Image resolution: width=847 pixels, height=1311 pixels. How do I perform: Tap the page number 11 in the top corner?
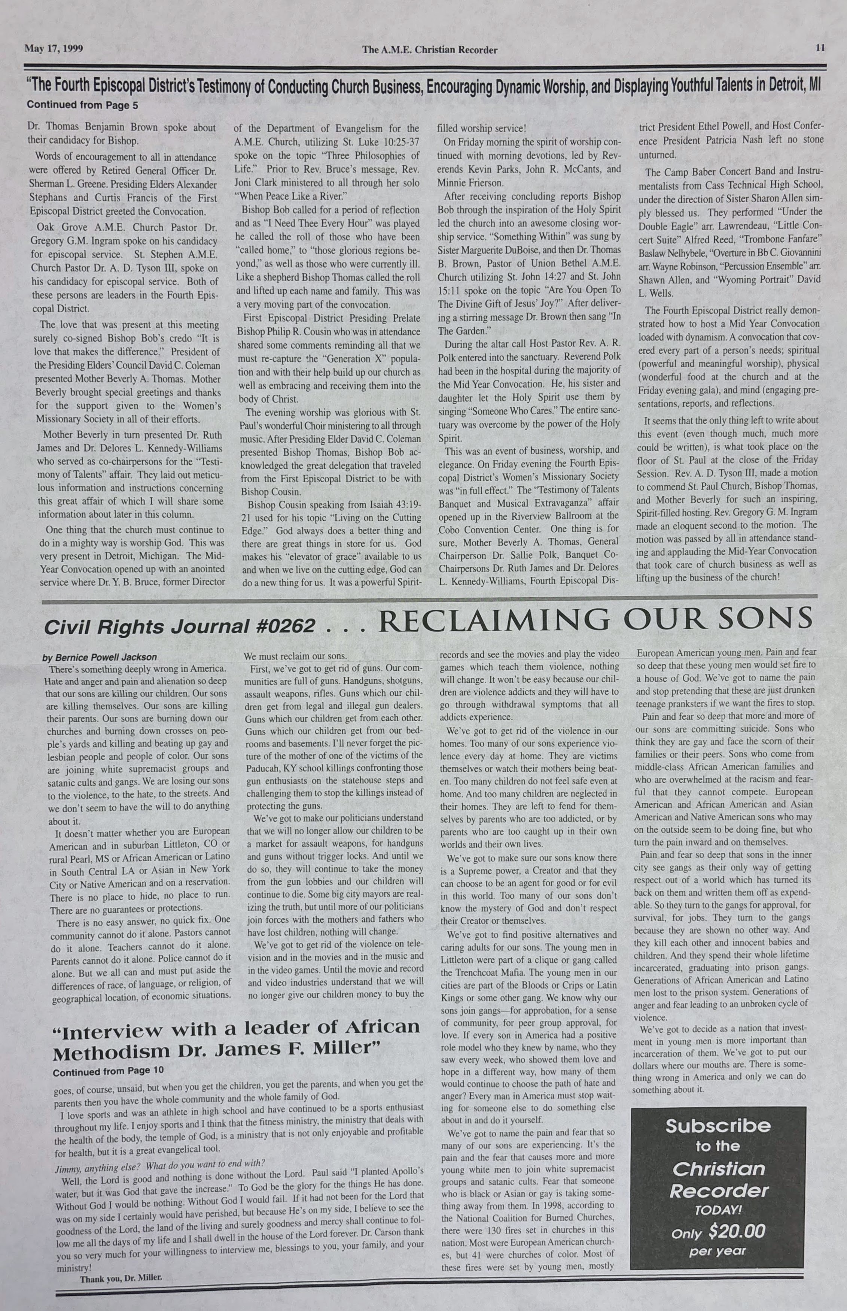pos(820,48)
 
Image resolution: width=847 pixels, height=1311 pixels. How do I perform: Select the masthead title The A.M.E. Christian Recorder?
pos(430,50)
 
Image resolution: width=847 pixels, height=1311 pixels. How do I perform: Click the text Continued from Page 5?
pos(82,104)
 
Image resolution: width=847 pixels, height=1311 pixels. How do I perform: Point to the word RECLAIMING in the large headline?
pos(494,620)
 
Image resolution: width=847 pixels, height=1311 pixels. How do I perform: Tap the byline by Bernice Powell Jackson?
pos(100,657)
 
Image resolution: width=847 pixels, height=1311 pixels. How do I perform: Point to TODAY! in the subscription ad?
pos(718,1210)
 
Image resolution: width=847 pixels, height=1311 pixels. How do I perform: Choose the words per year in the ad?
pos(718,1251)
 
